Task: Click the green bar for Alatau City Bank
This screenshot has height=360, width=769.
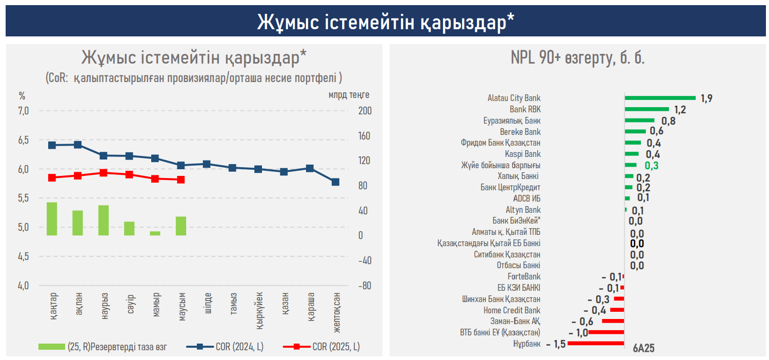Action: [660, 98]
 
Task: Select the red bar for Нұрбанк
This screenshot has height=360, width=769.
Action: [596, 343]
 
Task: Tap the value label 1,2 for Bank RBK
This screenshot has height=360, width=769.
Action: [680, 110]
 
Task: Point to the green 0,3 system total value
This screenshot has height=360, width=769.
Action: [652, 166]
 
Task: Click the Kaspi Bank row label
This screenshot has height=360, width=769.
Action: [522, 154]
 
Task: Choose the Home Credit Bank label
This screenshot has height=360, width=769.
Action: [512, 310]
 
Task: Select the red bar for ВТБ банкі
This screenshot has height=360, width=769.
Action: [606, 332]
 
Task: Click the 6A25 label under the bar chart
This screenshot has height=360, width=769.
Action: [643, 348]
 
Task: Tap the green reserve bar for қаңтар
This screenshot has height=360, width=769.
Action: [52, 219]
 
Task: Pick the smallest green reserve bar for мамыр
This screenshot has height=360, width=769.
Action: [155, 233]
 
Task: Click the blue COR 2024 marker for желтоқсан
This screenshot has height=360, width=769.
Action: [335, 182]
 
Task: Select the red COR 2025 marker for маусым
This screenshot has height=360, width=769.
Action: [180, 179]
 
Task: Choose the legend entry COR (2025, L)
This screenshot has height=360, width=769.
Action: [336, 347]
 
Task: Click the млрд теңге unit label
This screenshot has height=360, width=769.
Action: [349, 95]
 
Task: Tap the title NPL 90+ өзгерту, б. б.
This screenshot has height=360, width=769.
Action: [577, 58]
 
